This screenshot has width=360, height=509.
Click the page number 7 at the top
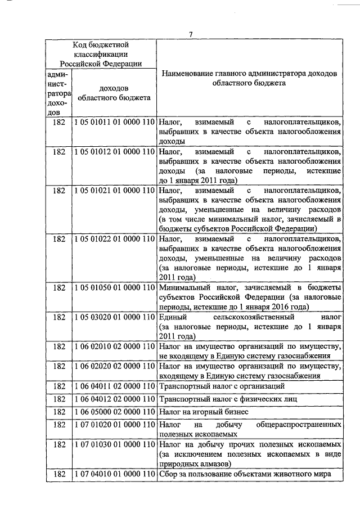click(x=191, y=34)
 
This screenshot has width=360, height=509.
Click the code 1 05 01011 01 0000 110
click(x=114, y=121)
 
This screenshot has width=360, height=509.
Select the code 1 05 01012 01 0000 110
click(x=114, y=152)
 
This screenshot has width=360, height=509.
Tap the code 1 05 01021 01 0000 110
click(x=114, y=192)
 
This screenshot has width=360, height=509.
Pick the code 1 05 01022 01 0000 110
click(x=114, y=239)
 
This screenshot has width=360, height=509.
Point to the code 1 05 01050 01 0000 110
click(x=114, y=287)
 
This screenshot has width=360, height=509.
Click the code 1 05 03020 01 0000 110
click(x=114, y=318)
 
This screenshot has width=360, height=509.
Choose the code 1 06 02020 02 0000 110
click(x=114, y=367)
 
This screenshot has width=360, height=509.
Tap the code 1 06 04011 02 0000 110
click(x=114, y=386)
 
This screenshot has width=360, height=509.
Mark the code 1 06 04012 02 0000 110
click(x=114, y=399)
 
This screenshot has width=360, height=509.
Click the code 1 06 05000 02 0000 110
click(x=114, y=412)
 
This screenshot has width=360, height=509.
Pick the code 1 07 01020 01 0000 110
click(x=114, y=425)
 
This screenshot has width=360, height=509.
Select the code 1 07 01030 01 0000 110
click(x=114, y=445)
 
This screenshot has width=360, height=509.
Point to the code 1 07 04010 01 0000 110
click(x=114, y=474)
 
